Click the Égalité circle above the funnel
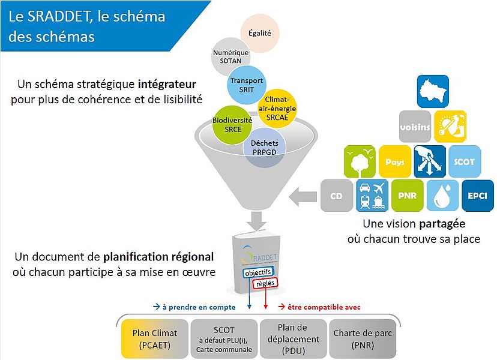click(259, 33)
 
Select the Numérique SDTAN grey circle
click(230, 57)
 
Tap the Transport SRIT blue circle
click(246, 85)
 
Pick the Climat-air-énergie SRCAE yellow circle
click(277, 109)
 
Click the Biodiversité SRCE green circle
click(232, 125)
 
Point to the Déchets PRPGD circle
click(264, 148)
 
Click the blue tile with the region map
click(433, 92)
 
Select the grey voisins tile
click(415, 127)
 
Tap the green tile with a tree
click(360, 161)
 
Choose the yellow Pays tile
click(395, 161)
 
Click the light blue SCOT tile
click(465, 161)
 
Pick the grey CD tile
click(337, 196)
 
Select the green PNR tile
click(408, 196)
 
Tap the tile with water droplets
click(442, 196)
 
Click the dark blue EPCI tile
click(478, 196)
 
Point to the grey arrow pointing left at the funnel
click(303, 196)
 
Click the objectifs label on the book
click(258, 272)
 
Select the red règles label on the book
click(265, 283)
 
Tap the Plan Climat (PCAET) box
click(155, 339)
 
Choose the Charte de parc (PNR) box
click(363, 339)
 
